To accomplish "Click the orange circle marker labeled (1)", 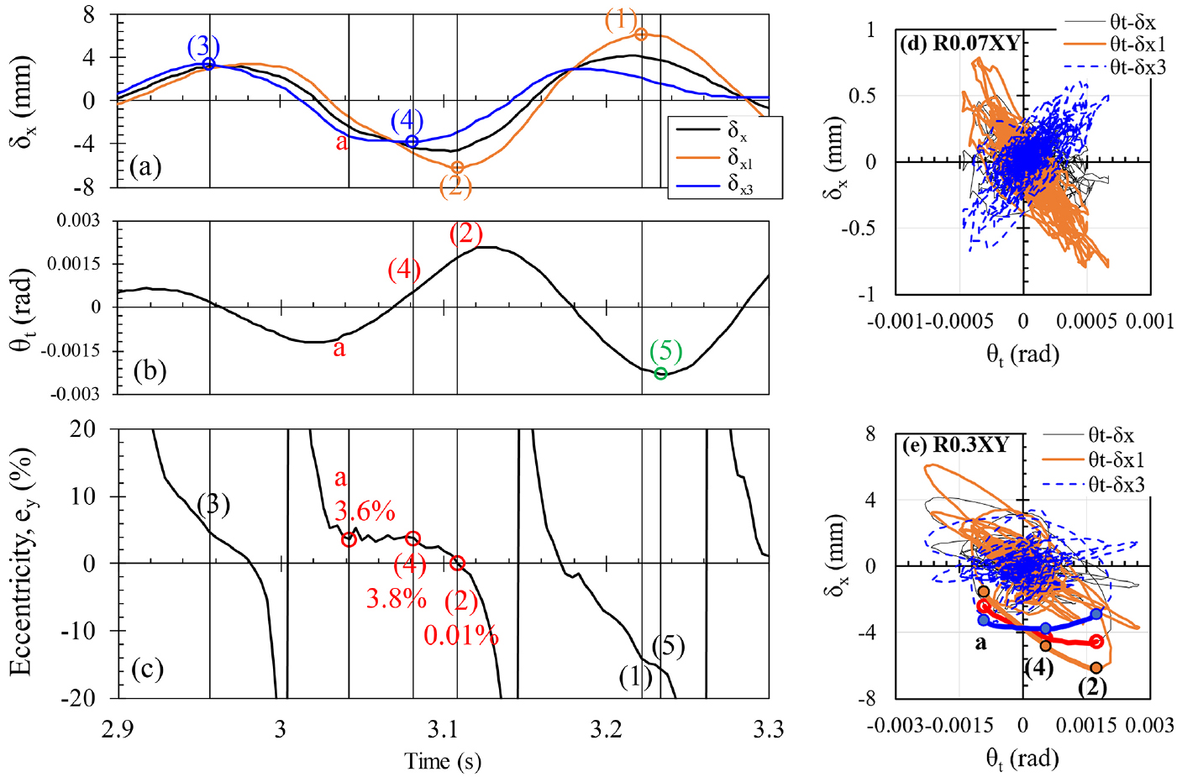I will coord(641,34).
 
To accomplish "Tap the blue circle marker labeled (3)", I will coord(209,64).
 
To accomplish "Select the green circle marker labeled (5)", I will coord(661,373).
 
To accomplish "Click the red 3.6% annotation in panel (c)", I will coord(365,511).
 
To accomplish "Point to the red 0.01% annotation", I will coord(460,636).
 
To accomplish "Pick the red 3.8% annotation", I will coord(396,598).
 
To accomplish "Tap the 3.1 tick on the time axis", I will coord(444,729).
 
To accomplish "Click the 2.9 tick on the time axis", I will coord(118,729).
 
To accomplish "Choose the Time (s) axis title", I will coord(443,761).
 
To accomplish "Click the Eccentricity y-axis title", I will coord(22,562).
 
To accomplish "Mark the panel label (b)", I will coord(149,370).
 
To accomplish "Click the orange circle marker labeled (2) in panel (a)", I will coord(457,168).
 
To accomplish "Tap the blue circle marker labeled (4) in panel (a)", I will coord(412,141).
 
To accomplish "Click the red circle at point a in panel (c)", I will coord(349,540).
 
